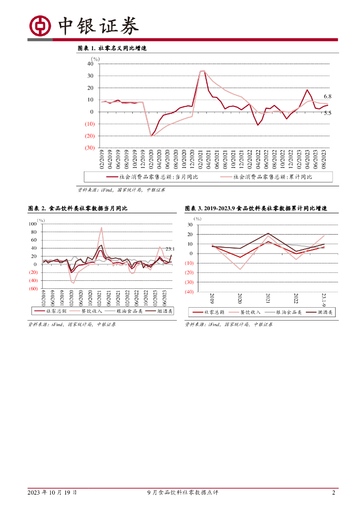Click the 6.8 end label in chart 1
click(x=328, y=96)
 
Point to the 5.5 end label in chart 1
click(x=328, y=113)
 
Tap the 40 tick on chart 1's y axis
click(x=90, y=64)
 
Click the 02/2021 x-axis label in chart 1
click(x=201, y=162)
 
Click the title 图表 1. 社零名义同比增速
click(x=112, y=48)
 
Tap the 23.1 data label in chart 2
click(x=170, y=249)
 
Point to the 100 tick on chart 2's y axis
click(x=33, y=224)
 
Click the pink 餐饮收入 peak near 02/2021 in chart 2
click(x=101, y=228)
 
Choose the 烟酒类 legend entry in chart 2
click(x=163, y=311)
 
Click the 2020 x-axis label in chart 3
click(x=240, y=299)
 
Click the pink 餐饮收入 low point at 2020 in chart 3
click(x=240, y=269)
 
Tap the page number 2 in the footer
click(x=333, y=493)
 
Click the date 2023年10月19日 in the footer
click(x=52, y=493)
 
